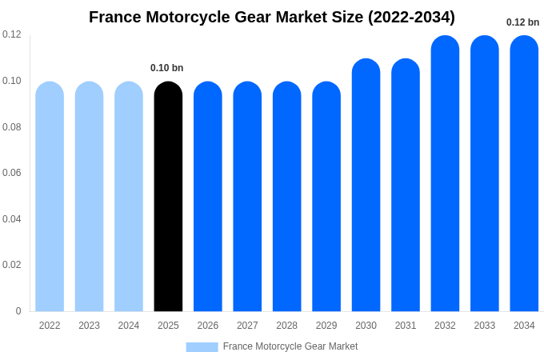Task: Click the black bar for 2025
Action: pyautogui.click(x=168, y=197)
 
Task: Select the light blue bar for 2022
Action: pyautogui.click(x=50, y=197)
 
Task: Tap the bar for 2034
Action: pyautogui.click(x=524, y=174)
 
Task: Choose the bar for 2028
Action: pyautogui.click(x=286, y=197)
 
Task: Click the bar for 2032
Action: pyautogui.click(x=445, y=174)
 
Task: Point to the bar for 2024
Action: pyautogui.click(x=129, y=197)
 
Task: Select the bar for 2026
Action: pyautogui.click(x=208, y=197)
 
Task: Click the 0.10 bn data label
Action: pyautogui.click(x=167, y=68)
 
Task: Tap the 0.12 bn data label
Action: pyautogui.click(x=522, y=22)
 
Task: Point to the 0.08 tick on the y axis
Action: pyautogui.click(x=12, y=127)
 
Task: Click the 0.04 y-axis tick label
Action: pyautogui.click(x=12, y=219)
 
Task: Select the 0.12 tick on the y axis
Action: pyautogui.click(x=12, y=34)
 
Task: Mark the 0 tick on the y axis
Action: pyautogui.click(x=18, y=311)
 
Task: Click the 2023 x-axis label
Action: pyautogui.click(x=89, y=326)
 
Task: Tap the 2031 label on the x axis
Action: pyautogui.click(x=406, y=326)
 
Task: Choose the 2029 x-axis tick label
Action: pyautogui.click(x=326, y=326)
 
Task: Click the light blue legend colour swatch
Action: pyautogui.click(x=202, y=346)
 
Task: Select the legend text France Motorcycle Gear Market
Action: pyautogui.click(x=290, y=346)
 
